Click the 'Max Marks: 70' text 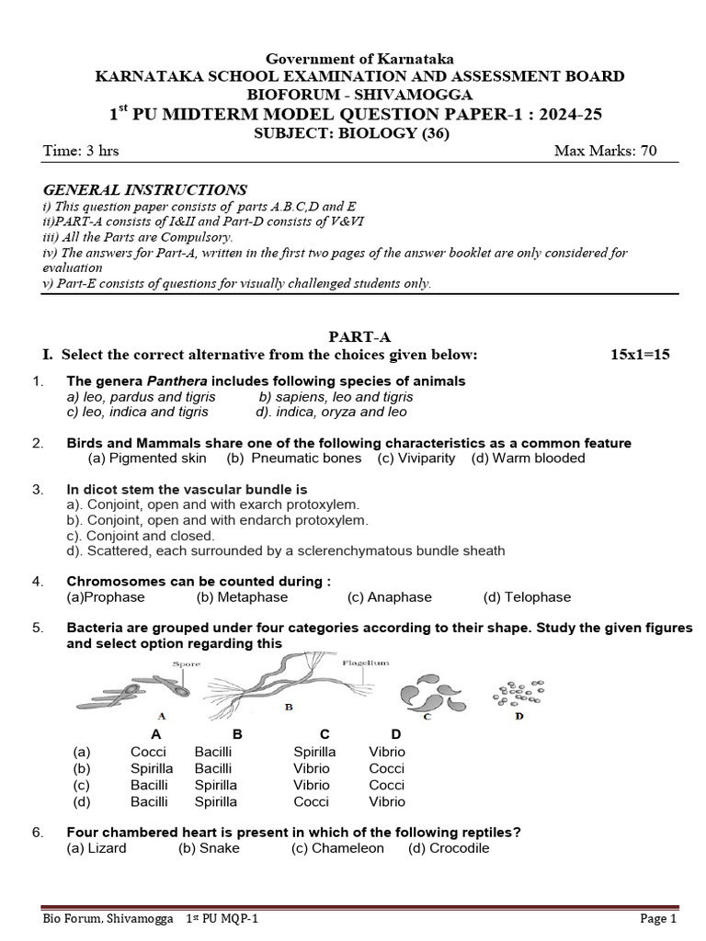605,152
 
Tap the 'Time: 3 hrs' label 81,152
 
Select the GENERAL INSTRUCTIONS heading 144,189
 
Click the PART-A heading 354,337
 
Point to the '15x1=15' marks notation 640,355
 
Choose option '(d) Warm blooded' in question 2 528,458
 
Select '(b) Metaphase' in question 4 242,596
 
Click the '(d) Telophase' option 527,596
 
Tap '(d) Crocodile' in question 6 449,848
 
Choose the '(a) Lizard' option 97,848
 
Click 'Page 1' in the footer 658,918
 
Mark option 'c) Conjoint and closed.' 141,535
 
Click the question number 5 38,628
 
